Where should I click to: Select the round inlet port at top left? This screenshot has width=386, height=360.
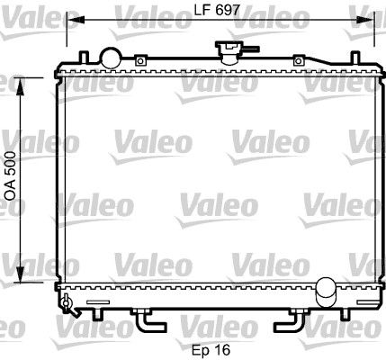pos(111,57)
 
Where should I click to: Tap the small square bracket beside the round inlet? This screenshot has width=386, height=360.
pos(140,60)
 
